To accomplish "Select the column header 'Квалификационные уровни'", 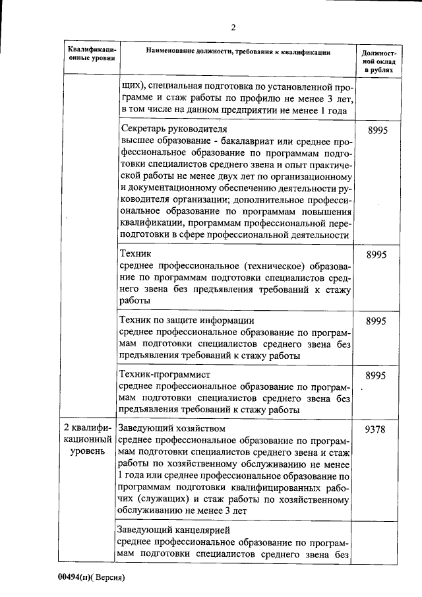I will [x=92, y=54].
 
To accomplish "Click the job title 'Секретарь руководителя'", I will [x=171, y=129].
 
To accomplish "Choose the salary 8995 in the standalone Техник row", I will [x=377, y=254].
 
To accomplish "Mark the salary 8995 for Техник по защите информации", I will [x=377, y=321].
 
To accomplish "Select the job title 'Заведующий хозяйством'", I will [x=171, y=428].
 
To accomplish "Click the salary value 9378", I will [x=377, y=429].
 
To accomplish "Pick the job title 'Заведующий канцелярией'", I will [x=174, y=530].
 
